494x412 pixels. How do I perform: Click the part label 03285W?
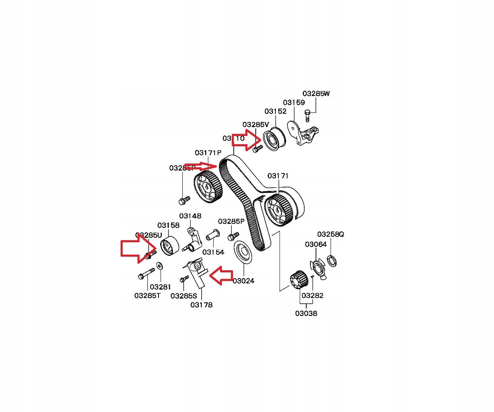pyautogui.click(x=316, y=94)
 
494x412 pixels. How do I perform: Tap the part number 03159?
pyautogui.click(x=294, y=102)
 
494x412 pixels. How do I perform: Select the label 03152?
pyautogui.click(x=275, y=111)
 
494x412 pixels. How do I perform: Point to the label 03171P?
pyautogui.click(x=208, y=152)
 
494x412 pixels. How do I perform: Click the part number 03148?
pyautogui.click(x=190, y=216)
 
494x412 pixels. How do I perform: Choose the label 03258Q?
pyautogui.click(x=330, y=234)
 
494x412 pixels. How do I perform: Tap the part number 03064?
pyautogui.click(x=316, y=244)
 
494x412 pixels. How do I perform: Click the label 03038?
pyautogui.click(x=306, y=313)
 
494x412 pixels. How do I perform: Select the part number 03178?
pyautogui.click(x=201, y=305)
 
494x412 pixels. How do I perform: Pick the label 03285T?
pyautogui.click(x=147, y=295)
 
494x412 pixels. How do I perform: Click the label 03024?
pyautogui.click(x=243, y=281)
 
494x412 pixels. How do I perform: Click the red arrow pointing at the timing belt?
pyautogui.click(x=200, y=166)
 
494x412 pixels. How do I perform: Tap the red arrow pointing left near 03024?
pyautogui.click(x=221, y=275)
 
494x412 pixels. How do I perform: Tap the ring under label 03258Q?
pyautogui.click(x=333, y=260)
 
